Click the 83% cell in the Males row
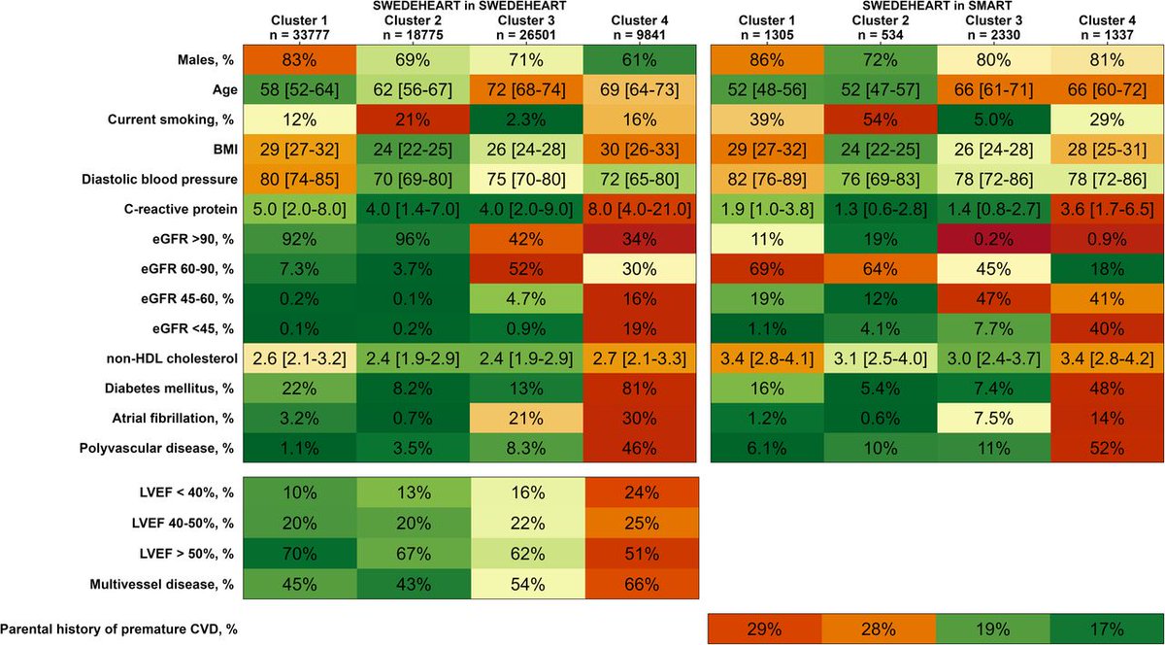298,60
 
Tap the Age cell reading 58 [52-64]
298,90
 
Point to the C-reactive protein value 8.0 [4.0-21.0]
641,207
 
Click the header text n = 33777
298,32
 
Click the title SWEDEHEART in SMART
936,6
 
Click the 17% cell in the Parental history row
1107,628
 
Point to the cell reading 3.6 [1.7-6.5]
1107,207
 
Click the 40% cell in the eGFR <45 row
1107,326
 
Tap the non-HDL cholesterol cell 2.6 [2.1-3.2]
298,356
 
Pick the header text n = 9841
641,32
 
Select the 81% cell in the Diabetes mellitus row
641,387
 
